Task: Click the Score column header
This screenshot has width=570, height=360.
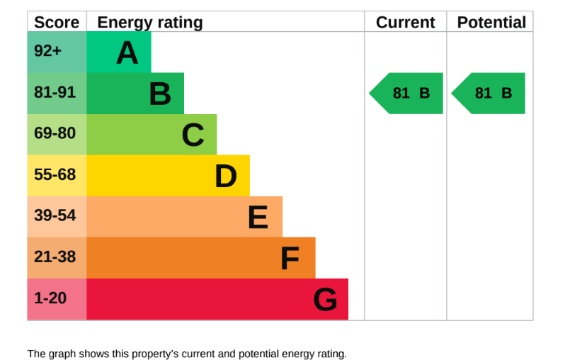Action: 57,22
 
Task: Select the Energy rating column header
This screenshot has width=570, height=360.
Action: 150,23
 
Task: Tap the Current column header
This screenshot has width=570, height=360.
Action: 405,22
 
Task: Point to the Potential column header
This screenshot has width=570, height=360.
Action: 491,22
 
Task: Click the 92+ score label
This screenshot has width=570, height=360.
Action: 47,50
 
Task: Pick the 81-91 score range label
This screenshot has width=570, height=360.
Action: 55,92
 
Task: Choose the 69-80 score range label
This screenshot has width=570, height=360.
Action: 55,133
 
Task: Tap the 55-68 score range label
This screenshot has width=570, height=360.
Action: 55,174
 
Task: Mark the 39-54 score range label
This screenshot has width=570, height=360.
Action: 55,215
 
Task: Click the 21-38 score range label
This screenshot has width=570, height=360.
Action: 55,257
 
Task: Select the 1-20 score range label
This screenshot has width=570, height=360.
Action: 50,298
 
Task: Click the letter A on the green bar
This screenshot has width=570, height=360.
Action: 127,52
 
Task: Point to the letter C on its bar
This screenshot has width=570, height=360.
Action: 193,135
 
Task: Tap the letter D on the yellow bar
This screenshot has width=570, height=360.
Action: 226,176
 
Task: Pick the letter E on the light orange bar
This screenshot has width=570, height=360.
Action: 258,218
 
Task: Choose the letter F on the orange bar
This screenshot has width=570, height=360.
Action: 290,259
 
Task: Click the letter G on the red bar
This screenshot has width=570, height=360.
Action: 325,300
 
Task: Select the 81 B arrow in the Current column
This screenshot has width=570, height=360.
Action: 406,93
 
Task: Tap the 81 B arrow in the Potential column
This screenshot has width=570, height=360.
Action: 488,93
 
